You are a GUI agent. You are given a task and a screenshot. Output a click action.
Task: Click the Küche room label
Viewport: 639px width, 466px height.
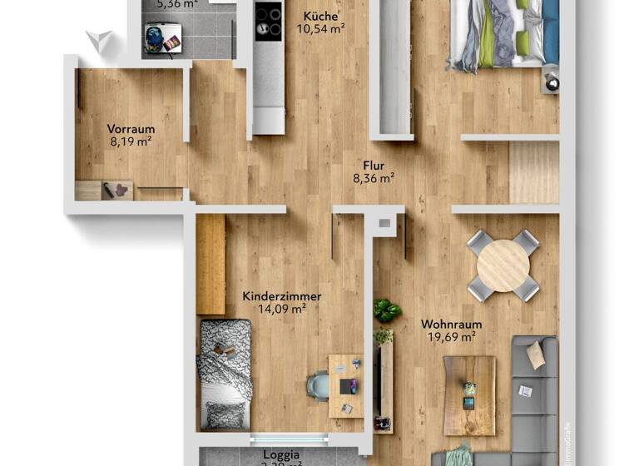(x=320, y=15)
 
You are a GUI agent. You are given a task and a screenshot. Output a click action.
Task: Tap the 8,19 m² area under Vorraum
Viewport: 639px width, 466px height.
(x=131, y=142)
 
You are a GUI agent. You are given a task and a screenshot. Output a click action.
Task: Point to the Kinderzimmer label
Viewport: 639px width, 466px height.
(x=281, y=296)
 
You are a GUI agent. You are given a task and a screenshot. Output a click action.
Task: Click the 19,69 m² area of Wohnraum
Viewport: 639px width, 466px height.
(x=448, y=337)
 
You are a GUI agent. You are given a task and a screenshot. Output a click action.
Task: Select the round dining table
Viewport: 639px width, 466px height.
(x=503, y=265)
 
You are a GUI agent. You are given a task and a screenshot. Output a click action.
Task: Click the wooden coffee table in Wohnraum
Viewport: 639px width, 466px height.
(x=469, y=395)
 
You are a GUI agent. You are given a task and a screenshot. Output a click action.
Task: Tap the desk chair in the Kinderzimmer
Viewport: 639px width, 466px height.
(x=318, y=386)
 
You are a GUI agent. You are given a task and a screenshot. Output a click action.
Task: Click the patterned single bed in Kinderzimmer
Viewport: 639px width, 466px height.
(x=225, y=374)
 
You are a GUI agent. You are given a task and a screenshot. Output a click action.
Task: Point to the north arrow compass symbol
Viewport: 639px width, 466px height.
(x=100, y=40)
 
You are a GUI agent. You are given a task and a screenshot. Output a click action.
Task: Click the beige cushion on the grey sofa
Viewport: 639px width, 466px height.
(x=536, y=355)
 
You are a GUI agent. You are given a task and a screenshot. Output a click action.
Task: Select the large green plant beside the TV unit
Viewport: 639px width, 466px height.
(x=386, y=311)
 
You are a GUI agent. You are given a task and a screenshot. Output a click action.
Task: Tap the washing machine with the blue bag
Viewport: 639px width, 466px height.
(x=163, y=37)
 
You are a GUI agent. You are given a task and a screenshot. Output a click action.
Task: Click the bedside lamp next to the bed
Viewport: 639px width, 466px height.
(x=551, y=81)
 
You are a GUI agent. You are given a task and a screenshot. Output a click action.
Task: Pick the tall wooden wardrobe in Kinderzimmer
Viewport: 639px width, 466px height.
(x=211, y=264)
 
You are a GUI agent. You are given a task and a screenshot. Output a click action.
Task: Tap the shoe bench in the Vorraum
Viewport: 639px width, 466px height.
(x=104, y=191)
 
